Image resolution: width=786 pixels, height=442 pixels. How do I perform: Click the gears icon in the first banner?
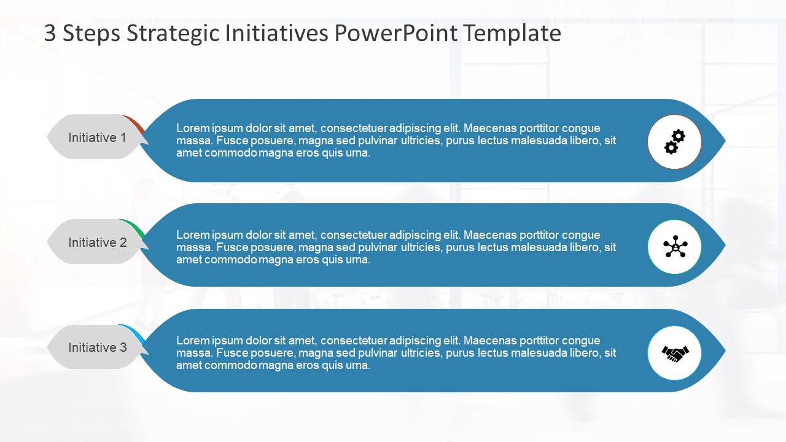[674, 142]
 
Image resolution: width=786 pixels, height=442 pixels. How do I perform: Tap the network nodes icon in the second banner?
[674, 247]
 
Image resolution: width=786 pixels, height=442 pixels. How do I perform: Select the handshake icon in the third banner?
[674, 353]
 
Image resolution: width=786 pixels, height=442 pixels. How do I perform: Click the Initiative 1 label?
[97, 138]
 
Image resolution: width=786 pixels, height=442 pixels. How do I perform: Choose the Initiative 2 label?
[97, 242]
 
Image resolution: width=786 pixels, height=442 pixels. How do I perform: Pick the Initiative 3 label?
[97, 347]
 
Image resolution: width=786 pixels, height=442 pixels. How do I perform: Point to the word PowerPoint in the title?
[397, 34]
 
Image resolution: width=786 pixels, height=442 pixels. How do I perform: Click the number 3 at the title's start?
[50, 34]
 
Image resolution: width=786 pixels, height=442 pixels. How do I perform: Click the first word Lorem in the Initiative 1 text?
[193, 128]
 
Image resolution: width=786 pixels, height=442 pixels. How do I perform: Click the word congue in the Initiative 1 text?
[582, 128]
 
